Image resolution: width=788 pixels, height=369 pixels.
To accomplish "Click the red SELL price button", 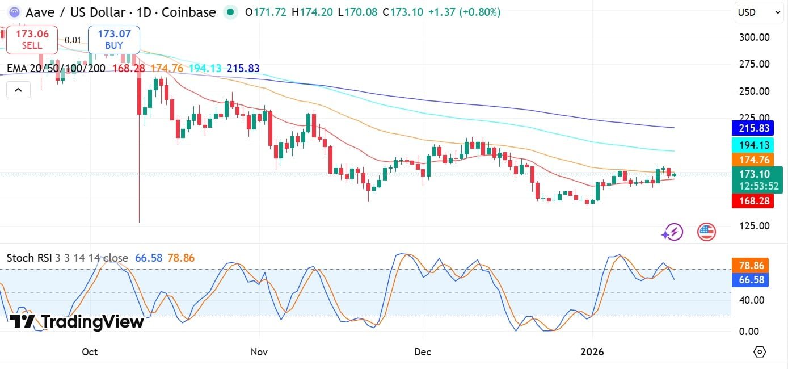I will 32,39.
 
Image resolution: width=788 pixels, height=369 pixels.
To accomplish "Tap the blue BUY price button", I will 113,39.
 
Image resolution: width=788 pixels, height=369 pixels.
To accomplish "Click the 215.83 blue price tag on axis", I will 752,128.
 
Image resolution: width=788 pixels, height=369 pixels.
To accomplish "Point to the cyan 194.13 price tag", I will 752,144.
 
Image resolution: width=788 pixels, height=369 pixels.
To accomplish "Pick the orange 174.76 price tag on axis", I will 752,160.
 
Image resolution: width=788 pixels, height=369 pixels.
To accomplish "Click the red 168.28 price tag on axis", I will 752,200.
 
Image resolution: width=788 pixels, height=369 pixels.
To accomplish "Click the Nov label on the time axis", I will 258,352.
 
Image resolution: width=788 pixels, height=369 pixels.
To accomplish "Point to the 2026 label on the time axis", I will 592,352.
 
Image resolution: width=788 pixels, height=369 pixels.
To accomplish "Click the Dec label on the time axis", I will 423,352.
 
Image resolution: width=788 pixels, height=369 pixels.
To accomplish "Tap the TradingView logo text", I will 77,322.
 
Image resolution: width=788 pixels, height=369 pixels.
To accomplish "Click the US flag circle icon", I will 706,232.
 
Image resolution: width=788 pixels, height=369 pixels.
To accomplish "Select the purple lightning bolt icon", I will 673,232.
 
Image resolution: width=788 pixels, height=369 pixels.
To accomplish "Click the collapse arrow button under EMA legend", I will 18,90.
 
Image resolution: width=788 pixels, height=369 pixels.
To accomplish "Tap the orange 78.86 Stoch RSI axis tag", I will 752,265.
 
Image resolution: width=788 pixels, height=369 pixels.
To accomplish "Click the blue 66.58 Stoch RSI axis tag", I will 752,279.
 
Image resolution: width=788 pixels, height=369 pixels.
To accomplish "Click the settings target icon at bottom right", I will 760,352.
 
